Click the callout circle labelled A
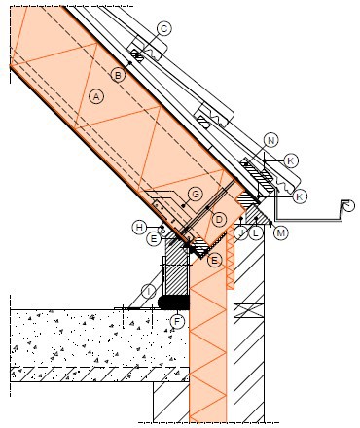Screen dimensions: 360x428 coord(96,96)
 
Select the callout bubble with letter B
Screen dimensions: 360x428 coord(118,76)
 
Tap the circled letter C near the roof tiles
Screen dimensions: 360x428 coord(164,29)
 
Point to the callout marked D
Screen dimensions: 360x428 coord(219,220)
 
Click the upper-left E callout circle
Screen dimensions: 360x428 coord(154,239)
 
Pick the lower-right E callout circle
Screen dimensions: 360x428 coord(215,260)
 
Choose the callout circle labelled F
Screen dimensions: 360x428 coord(177,322)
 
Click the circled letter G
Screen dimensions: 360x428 coord(196,195)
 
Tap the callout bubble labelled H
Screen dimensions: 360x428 coord(139,227)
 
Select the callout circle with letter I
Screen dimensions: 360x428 coord(149,292)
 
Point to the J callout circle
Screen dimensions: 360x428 coord(241,232)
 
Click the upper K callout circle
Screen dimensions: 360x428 coord(291,160)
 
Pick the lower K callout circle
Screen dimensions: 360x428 coord(300,196)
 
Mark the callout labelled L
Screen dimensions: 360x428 coord(256,232)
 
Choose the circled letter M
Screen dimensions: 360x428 coord(281,232)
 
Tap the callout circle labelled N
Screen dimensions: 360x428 coord(271,140)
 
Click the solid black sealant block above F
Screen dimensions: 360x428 coord(173,303)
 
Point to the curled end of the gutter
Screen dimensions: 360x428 coord(347,206)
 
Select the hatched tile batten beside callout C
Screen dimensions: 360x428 coord(138,56)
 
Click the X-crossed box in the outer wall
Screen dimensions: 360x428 coord(249,310)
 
